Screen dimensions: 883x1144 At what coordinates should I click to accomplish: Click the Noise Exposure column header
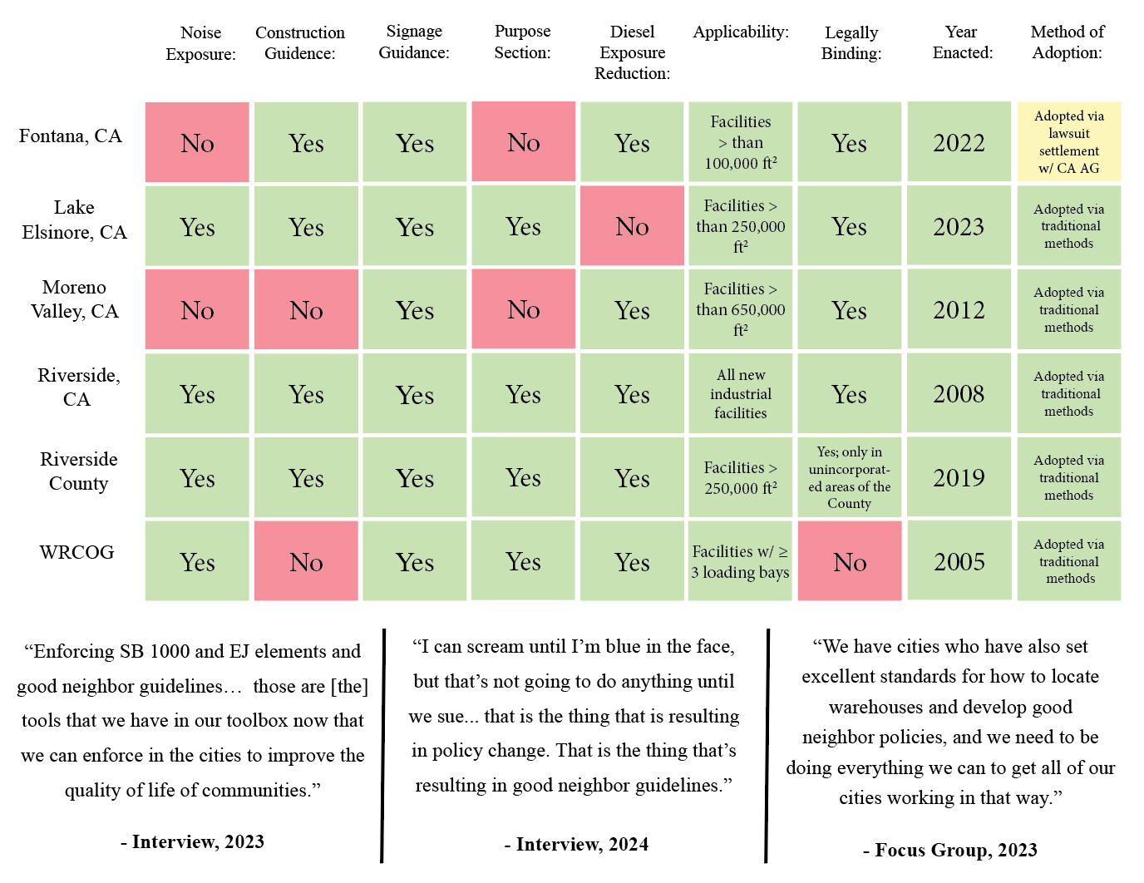click(200, 43)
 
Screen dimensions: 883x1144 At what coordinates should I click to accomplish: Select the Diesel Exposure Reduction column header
click(632, 52)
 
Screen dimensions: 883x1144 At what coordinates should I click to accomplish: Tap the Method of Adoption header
click(1068, 42)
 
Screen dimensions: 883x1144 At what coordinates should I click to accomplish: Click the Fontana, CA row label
click(71, 136)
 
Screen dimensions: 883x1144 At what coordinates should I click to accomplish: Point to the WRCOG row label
click(76, 553)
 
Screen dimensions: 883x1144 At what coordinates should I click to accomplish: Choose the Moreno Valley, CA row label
click(75, 299)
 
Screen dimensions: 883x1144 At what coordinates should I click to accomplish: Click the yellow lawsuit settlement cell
click(1068, 142)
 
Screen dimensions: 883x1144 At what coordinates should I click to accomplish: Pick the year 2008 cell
click(959, 394)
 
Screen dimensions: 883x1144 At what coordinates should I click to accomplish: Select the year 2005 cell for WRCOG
click(959, 562)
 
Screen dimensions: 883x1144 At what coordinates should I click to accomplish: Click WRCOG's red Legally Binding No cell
click(850, 562)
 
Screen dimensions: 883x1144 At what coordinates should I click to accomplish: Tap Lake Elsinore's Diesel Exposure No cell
click(632, 226)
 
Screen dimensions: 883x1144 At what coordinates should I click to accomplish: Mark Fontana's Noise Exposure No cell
click(197, 143)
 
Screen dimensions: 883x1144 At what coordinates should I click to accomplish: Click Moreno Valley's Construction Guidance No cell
click(306, 310)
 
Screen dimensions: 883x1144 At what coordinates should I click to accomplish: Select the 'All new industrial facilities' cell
click(740, 394)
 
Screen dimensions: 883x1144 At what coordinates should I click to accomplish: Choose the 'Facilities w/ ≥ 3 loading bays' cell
click(740, 562)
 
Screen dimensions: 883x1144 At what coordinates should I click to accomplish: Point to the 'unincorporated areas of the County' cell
click(849, 478)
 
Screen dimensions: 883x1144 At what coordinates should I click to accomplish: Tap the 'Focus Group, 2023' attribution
click(949, 850)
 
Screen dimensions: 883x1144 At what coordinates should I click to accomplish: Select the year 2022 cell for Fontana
click(959, 143)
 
